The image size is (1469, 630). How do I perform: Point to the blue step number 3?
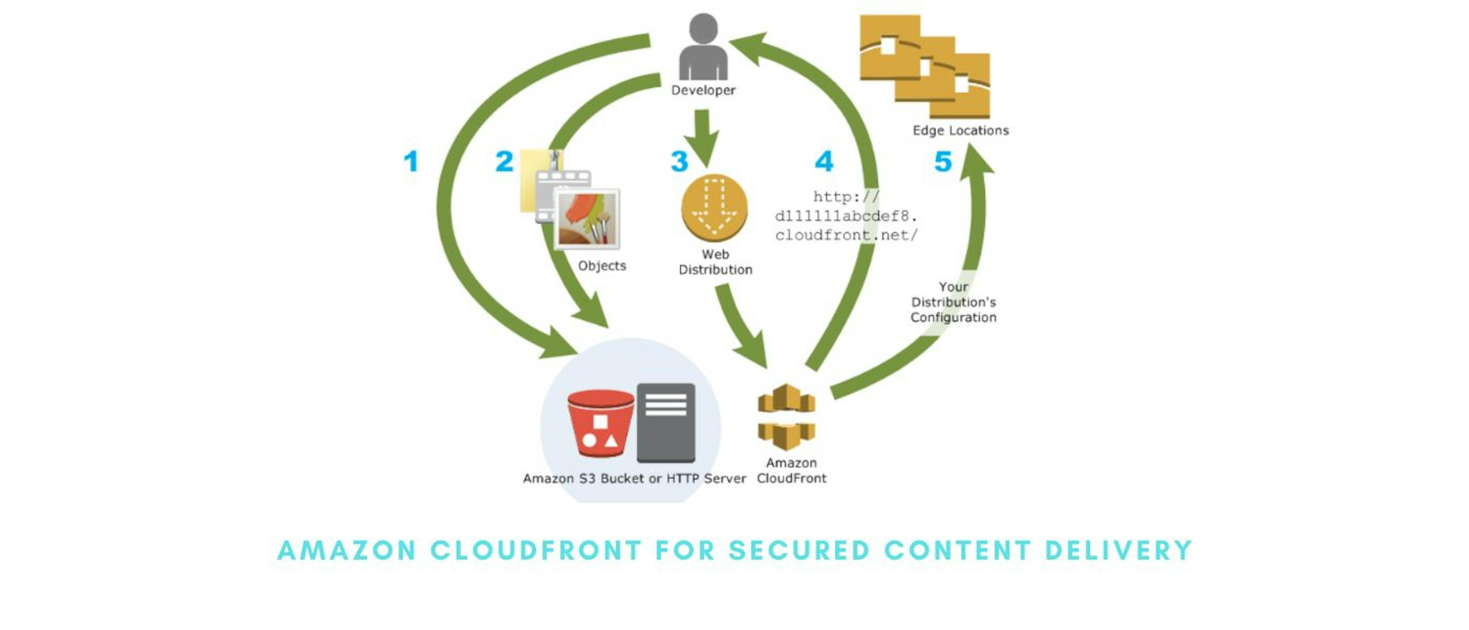click(x=679, y=162)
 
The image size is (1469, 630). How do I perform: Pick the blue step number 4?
click(x=824, y=162)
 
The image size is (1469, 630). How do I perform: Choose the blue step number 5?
click(x=943, y=162)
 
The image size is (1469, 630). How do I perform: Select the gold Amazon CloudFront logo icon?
click(x=787, y=416)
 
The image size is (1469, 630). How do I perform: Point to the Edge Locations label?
click(x=960, y=131)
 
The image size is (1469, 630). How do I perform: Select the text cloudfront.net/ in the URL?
click(x=846, y=235)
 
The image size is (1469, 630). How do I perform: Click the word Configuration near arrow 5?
click(x=953, y=317)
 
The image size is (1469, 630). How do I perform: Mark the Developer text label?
click(x=703, y=90)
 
